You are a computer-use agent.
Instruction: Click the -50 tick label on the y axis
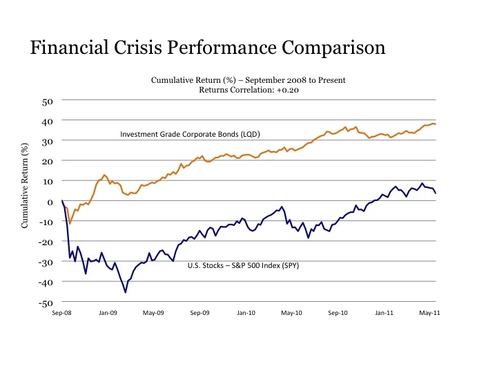(x=46, y=303)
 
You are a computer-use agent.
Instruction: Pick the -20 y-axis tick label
(x=46, y=242)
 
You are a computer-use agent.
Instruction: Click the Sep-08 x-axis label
(x=63, y=313)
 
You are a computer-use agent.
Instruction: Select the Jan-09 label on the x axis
(x=108, y=313)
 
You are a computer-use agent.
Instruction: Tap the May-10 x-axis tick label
(x=292, y=313)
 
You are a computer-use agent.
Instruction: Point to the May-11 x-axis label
(x=431, y=313)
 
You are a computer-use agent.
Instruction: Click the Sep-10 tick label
(x=338, y=313)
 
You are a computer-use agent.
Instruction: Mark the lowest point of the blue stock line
(x=126, y=292)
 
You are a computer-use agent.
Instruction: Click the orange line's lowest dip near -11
(x=70, y=224)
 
